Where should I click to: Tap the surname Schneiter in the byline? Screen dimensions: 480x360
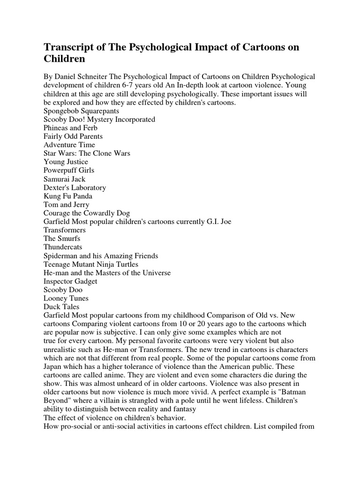click(x=93, y=77)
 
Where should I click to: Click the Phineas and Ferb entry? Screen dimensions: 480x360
click(x=68, y=128)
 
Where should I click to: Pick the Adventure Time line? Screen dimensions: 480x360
click(x=69, y=145)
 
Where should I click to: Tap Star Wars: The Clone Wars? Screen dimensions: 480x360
click(x=87, y=153)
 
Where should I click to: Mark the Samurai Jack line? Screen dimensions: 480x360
click(x=65, y=179)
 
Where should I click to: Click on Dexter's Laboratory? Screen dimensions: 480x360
click(x=75, y=187)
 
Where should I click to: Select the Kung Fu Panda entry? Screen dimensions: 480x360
click(x=68, y=196)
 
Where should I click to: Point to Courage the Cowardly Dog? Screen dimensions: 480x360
click(x=87, y=213)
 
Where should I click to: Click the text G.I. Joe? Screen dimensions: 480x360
click(x=220, y=221)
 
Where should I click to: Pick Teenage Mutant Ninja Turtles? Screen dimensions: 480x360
click(x=91, y=264)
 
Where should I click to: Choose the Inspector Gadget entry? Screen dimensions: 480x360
click(x=70, y=281)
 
